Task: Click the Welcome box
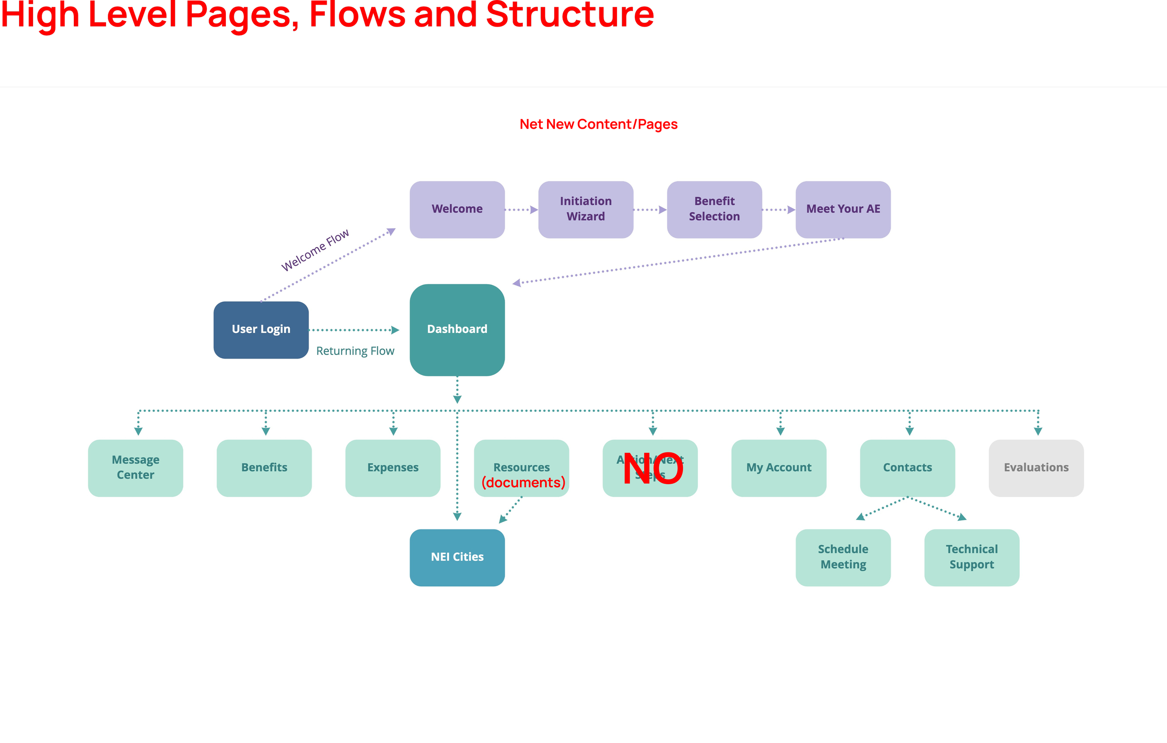point(457,209)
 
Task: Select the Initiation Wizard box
point(585,209)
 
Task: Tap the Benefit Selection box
point(714,209)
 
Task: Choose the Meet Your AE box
point(843,209)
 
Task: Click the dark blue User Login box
point(261,329)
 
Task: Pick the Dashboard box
point(457,329)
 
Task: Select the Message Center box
point(135,467)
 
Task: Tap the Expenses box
point(393,467)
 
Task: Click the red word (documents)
point(523,482)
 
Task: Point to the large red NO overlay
point(652,469)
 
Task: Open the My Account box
point(778,467)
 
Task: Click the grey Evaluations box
point(1036,467)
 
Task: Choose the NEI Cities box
point(457,557)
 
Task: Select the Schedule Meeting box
point(843,557)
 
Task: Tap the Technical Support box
point(971,557)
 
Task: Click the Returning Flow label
point(355,351)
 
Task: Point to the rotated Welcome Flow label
point(315,250)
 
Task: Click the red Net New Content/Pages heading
point(598,125)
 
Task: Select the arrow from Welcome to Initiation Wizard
point(521,210)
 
